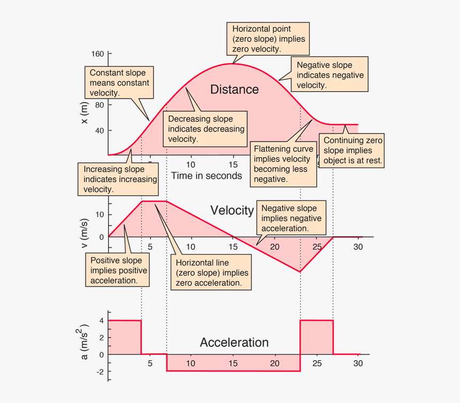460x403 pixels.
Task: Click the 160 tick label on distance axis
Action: [x=97, y=54]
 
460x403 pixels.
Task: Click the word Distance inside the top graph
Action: [x=234, y=89]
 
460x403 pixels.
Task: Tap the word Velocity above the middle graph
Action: [x=232, y=210]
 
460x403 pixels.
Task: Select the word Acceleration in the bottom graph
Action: [x=234, y=342]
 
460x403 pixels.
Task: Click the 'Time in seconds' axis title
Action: [x=206, y=175]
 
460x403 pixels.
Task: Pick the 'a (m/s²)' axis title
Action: [x=85, y=342]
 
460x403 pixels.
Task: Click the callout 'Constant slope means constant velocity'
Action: [x=119, y=82]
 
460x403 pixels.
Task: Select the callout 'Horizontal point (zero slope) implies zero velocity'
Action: [x=268, y=38]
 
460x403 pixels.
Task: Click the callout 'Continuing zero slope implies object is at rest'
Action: [x=352, y=150]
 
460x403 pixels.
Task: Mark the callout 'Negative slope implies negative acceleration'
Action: [x=292, y=218]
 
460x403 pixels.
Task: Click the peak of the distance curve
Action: [x=233, y=64]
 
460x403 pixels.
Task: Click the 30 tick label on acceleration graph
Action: [x=358, y=363]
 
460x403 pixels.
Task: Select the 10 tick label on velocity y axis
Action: [x=99, y=214]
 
